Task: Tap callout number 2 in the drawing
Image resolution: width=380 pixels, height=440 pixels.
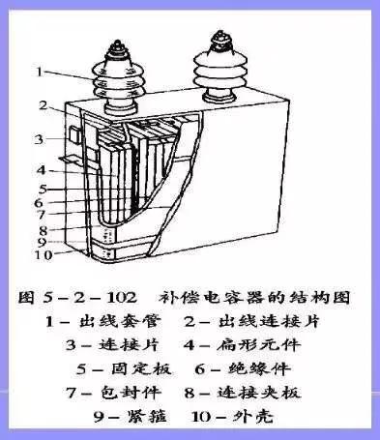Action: [44, 104]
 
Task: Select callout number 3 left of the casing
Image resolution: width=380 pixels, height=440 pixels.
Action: [40, 139]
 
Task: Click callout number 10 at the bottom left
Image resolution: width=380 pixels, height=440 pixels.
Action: [44, 255]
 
